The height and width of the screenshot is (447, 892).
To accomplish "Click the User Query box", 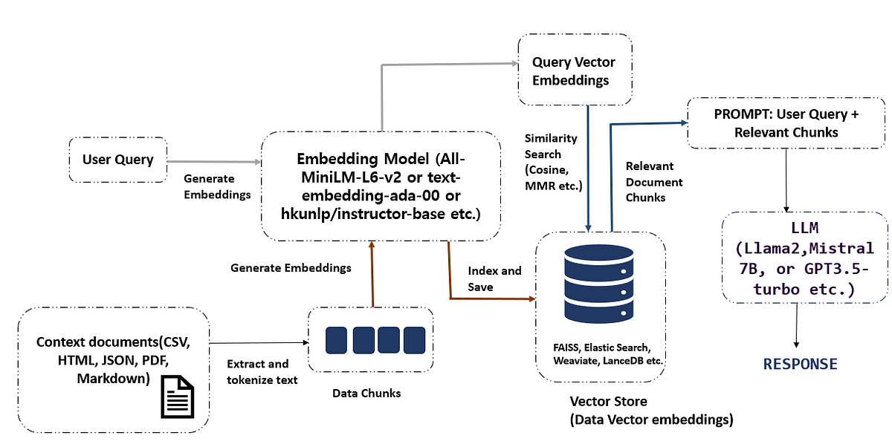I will [x=118, y=159].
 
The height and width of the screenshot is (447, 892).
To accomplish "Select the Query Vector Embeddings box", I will [x=574, y=71].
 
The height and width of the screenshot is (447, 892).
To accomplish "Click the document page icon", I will [x=178, y=395].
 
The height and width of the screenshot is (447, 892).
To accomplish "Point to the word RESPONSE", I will [x=800, y=364].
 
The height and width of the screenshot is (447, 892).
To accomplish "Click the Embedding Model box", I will [x=380, y=186].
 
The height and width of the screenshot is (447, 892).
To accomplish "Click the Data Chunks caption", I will [x=366, y=393].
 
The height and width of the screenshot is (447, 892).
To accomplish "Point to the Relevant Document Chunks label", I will [x=654, y=182].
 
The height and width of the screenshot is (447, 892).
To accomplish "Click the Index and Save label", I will [x=494, y=278].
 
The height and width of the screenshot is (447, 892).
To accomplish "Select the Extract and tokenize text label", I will [x=262, y=372].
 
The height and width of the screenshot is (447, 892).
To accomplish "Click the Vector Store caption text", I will [x=650, y=410].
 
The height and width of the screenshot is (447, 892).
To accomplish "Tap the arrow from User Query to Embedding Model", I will [x=213, y=160].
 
